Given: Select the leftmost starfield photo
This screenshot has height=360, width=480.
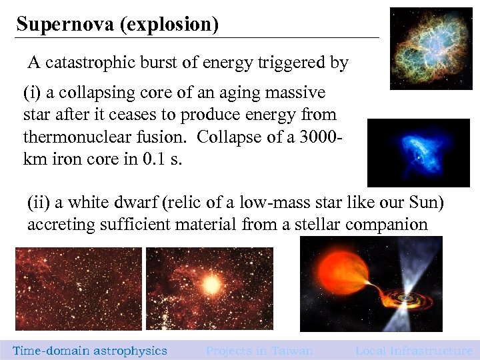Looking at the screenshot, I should point(78,289).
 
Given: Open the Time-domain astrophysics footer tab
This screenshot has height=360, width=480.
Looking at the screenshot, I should point(90,351).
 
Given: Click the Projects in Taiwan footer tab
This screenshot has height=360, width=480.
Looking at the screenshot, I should point(259,351).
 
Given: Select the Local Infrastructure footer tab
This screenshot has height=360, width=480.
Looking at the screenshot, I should point(413,351).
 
